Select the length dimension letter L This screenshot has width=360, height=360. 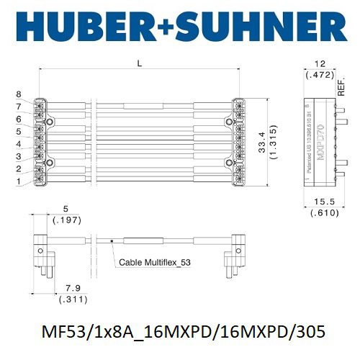pyautogui.click(x=140, y=65)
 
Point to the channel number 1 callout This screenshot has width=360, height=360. pyautogui.click(x=19, y=181)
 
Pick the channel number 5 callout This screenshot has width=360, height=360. pyautogui.click(x=19, y=132)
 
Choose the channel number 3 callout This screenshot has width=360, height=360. pyautogui.click(x=19, y=156)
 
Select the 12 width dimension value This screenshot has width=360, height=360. pyautogui.click(x=320, y=63)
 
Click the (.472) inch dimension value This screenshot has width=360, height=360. pyautogui.click(x=320, y=74)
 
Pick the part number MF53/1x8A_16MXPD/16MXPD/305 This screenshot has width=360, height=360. pyautogui.click(x=180, y=332)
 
